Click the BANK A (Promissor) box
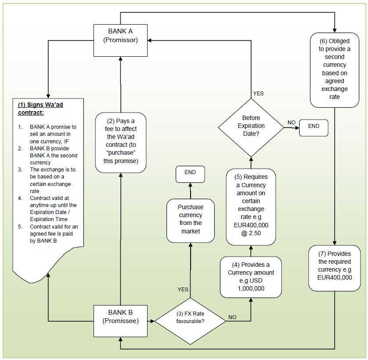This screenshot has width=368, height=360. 120,40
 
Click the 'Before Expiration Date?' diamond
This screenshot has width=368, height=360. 251,126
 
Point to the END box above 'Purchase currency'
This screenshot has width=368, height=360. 190,173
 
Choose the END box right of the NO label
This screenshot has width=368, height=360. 314,127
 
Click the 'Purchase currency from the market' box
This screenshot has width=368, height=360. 190,219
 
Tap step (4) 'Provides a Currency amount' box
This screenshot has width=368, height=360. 251,276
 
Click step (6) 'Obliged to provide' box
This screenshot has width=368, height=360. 335,69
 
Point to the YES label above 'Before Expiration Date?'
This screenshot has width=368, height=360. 258,94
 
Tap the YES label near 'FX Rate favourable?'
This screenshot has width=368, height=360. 183,289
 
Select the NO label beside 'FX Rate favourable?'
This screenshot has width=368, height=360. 232,317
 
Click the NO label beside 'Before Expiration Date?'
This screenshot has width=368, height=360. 291,123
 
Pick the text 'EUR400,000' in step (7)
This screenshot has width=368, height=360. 335,277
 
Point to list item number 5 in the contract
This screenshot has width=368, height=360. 20,227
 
